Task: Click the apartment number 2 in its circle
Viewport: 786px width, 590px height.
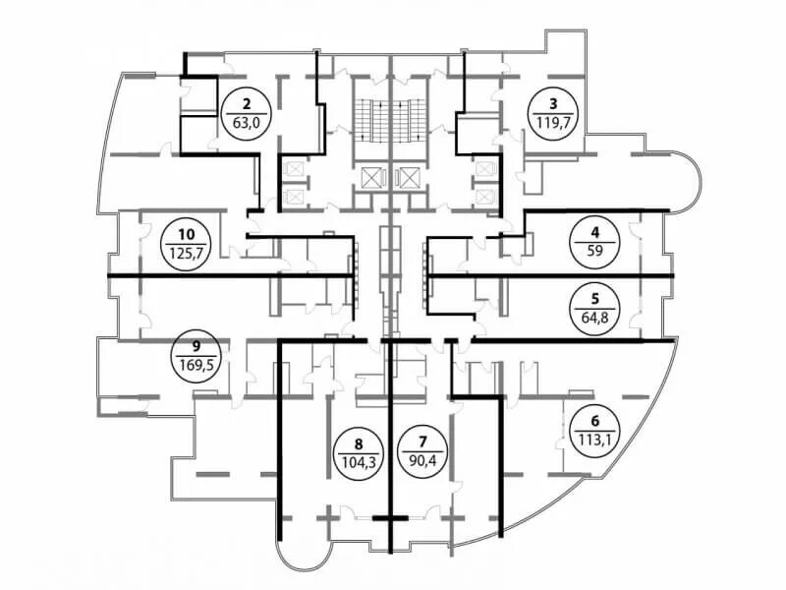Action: [247, 102]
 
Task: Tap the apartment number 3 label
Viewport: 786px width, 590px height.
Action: [553, 102]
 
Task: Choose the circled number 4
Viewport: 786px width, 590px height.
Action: [593, 232]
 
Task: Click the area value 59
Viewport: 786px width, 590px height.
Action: [593, 250]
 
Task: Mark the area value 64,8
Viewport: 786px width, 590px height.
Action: [593, 316]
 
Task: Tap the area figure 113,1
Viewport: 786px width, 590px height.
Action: [593, 438]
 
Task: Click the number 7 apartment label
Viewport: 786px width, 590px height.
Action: [423, 441]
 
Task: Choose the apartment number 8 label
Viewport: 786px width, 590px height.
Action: [356, 442]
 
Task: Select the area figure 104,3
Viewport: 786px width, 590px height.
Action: [356, 460]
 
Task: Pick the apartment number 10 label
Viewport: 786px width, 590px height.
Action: [187, 234]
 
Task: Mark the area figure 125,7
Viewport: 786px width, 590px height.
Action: [187, 252]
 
